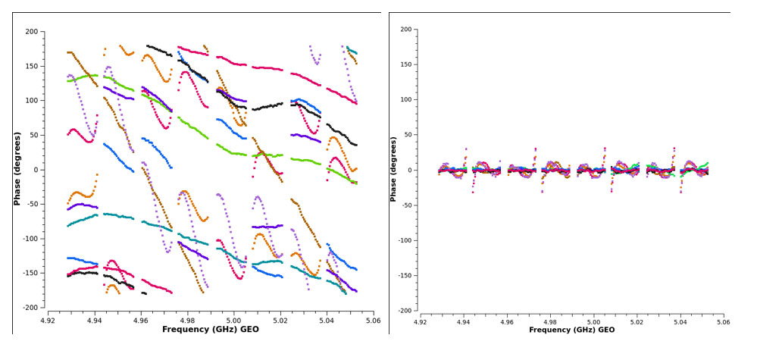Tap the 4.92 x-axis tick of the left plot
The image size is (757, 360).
[48, 321]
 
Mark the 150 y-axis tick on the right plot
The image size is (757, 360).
[406, 64]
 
